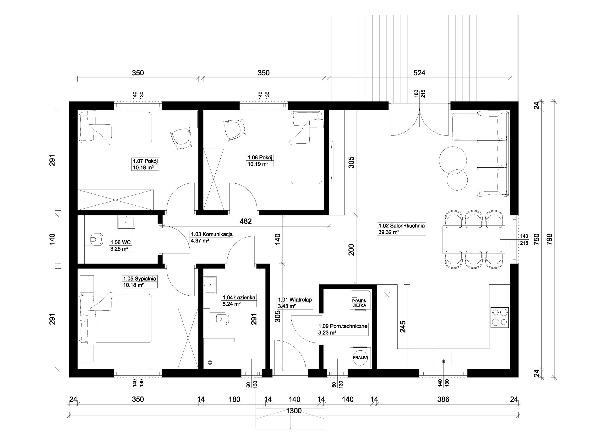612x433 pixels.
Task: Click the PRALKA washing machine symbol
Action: coord(360,357)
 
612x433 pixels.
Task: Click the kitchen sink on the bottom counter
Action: coord(443,359)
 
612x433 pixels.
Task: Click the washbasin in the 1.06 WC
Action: coord(126,222)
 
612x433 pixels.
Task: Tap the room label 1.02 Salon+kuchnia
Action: coord(401,225)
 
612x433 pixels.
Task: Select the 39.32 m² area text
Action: coord(389,232)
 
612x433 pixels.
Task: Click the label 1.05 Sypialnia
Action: coord(139,278)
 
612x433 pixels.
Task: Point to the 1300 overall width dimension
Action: coord(294,411)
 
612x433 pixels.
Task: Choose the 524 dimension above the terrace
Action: coord(419,73)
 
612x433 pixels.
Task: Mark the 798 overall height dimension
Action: coord(550,239)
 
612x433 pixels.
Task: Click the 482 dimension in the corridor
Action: coord(246,221)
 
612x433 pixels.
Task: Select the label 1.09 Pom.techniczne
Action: coord(343,326)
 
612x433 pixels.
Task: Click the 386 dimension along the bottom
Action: coord(443,399)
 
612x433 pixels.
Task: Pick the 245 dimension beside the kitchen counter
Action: coord(403,327)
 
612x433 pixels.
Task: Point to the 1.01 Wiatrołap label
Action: coord(295,299)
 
